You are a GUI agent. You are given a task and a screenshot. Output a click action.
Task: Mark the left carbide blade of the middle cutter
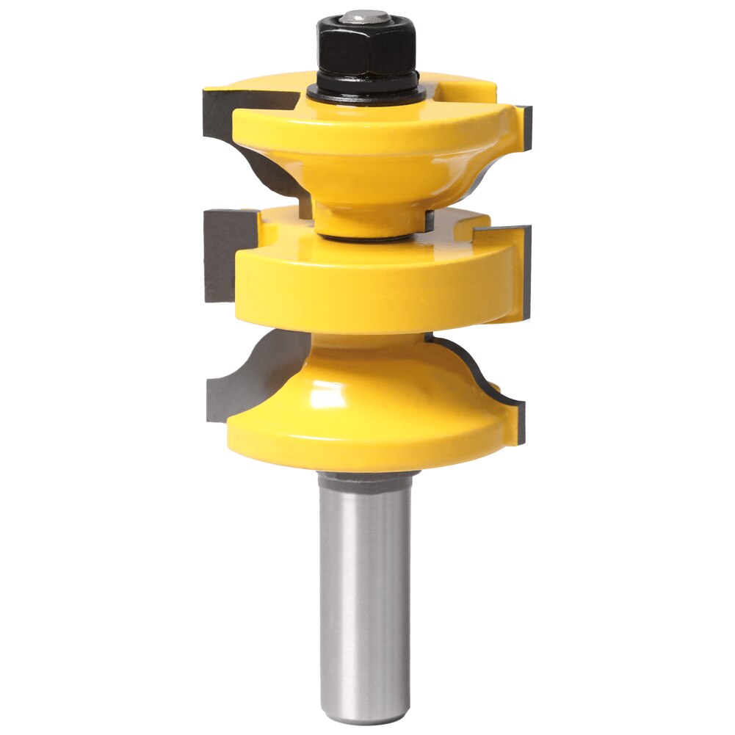click(x=220, y=253)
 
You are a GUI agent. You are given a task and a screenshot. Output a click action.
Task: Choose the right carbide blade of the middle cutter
click(x=523, y=272)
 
